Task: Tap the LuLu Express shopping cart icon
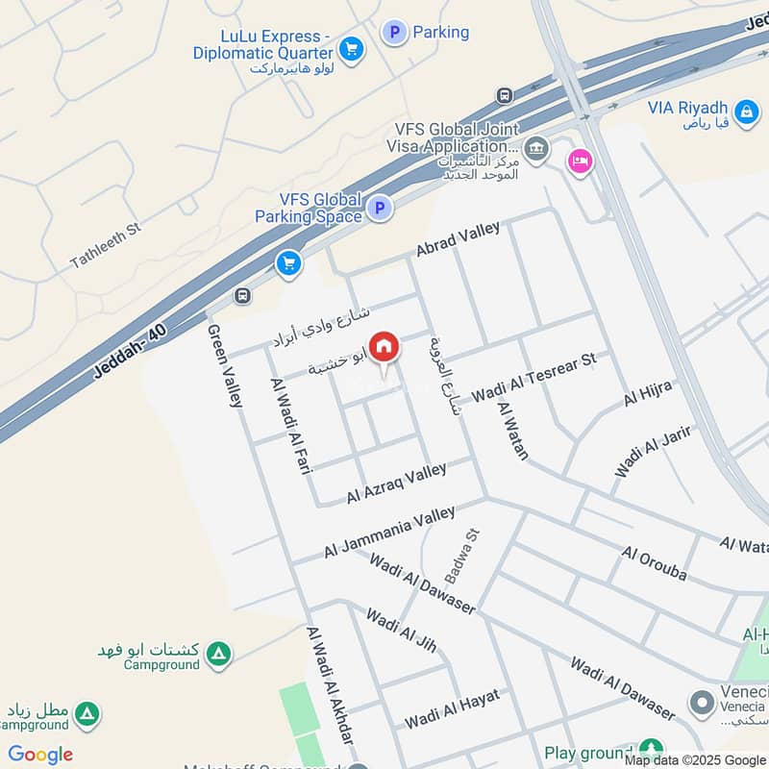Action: pos(352,48)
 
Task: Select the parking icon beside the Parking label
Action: pos(393,33)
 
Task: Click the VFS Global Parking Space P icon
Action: pos(381,208)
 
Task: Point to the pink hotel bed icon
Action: pos(580,160)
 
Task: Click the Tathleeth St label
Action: pos(106,246)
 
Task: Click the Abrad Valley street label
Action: pos(458,240)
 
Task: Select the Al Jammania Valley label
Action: pos(389,533)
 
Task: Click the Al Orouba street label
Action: pos(655,563)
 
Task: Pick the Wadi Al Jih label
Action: pos(401,631)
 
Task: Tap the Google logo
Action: pos(40,755)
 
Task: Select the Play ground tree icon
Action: pos(651,749)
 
